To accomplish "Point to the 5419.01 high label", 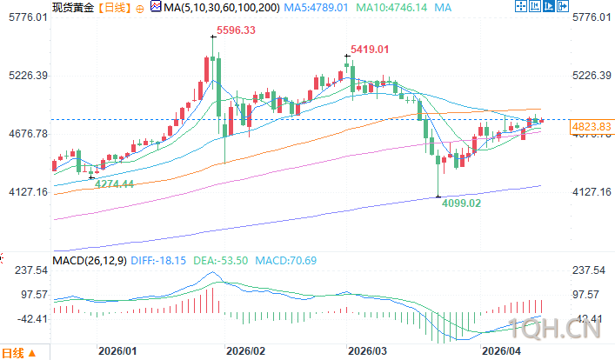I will pos(369,49).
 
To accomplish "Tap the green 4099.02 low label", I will pos(462,203).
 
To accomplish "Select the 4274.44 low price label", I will pos(115,183).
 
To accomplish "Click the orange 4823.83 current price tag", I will pos(592,127).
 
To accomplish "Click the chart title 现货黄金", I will pos(72,7).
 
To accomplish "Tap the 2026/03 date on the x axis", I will pos(367,350).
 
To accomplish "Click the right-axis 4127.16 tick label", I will pos(593,192).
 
